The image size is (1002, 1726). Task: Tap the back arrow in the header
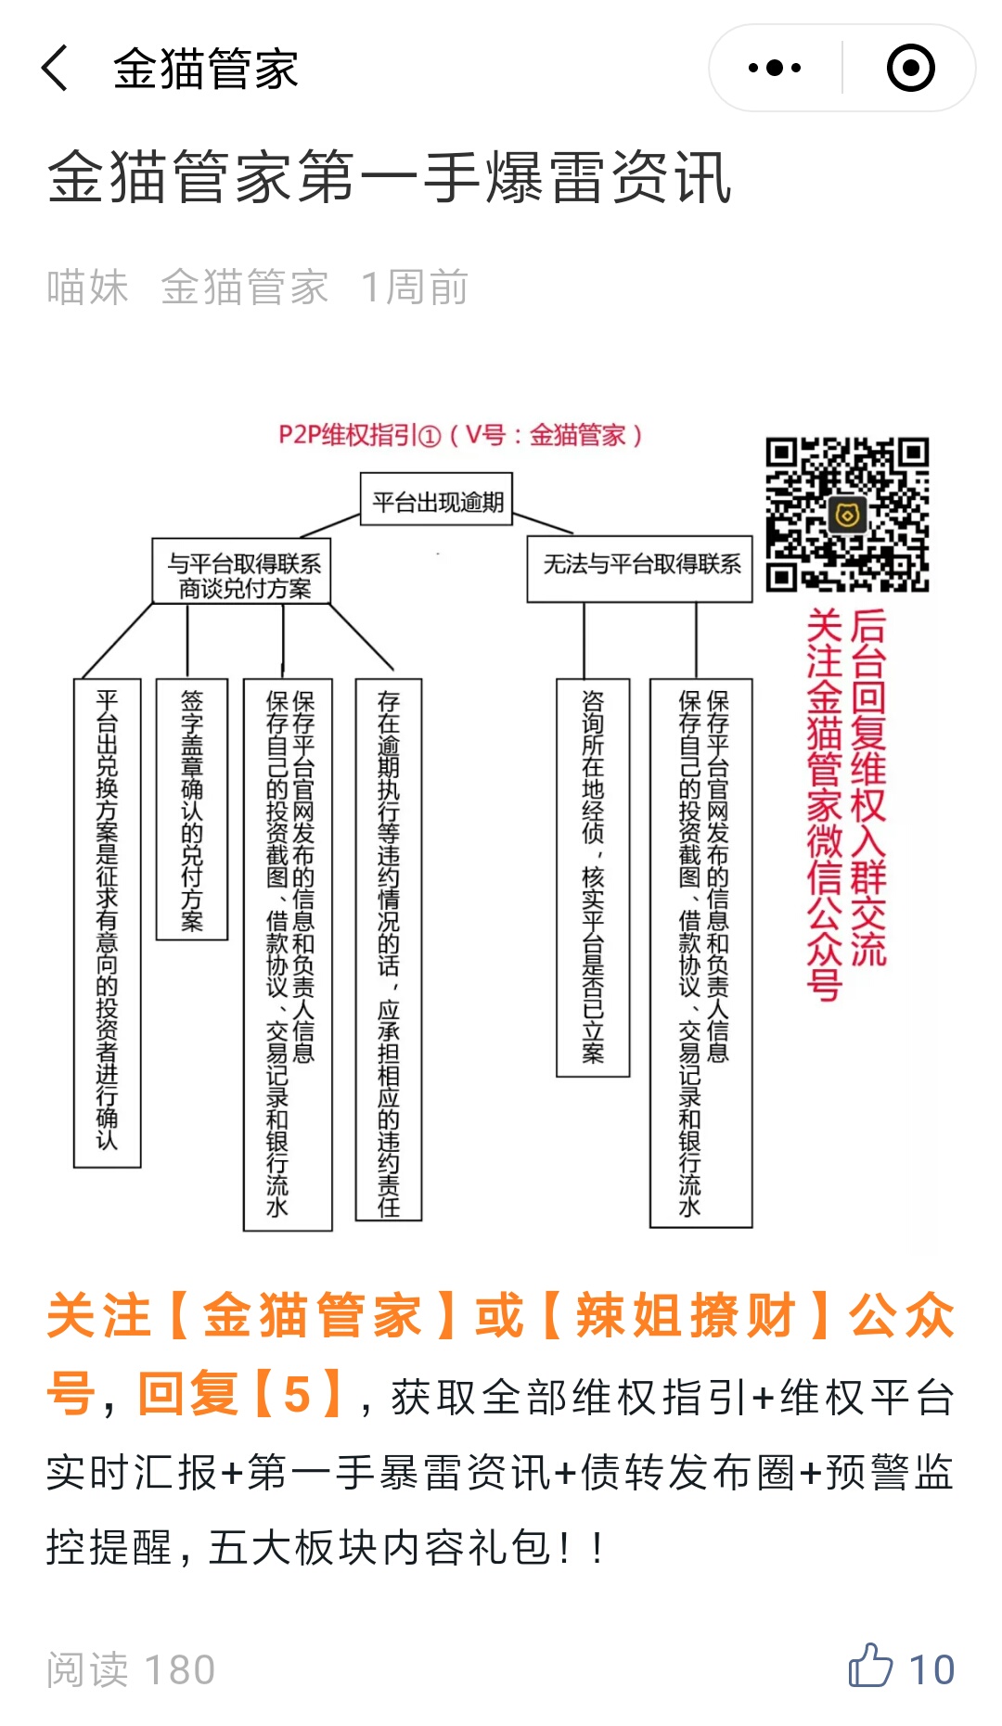tap(55, 68)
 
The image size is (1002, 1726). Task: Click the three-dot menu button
tap(775, 68)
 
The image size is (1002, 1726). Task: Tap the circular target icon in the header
tap(910, 68)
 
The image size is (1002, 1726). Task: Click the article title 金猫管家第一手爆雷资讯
tap(390, 177)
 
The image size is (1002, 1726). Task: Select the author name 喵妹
tap(88, 288)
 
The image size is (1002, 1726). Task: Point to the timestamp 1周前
tap(415, 288)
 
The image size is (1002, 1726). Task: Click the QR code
tap(847, 515)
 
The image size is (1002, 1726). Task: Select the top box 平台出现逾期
tap(436, 500)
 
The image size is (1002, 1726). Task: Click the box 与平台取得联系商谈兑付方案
tap(241, 572)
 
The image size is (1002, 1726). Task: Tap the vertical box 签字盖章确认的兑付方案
tap(191, 810)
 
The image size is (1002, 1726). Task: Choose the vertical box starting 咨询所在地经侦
tap(593, 877)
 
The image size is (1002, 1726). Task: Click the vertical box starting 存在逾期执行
tap(389, 950)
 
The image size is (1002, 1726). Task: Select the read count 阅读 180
tap(131, 1669)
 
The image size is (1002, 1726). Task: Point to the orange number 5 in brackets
tap(297, 1394)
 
